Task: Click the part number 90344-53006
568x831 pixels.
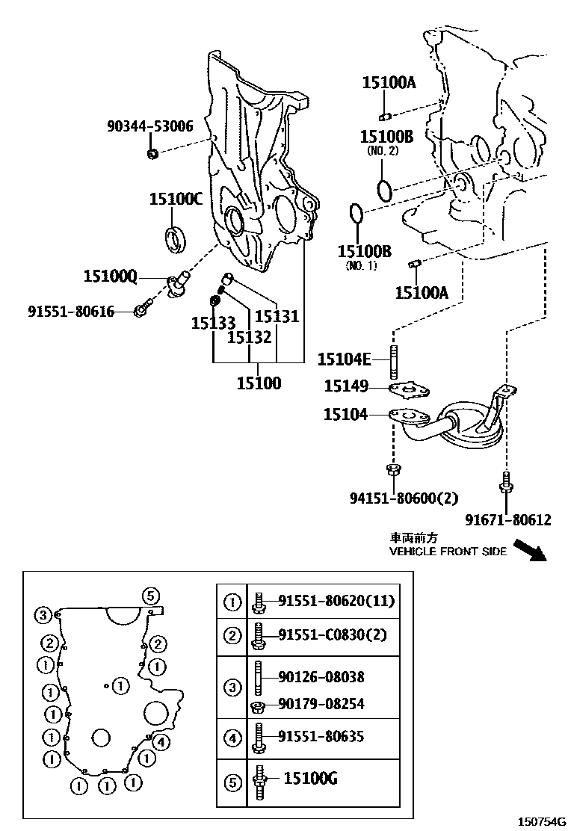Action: click(149, 126)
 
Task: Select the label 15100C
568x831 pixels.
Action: click(176, 199)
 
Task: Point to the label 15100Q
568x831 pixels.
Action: click(110, 277)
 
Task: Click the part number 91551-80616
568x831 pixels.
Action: click(72, 311)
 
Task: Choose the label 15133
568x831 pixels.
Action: click(213, 323)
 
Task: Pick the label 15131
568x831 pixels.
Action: click(277, 317)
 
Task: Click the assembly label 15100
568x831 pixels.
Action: click(259, 383)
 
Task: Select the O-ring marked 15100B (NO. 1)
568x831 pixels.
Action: click(356, 214)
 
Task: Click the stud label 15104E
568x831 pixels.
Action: click(344, 360)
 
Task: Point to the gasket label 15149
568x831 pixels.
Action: click(346, 386)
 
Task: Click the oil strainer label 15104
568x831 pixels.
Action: click(345, 413)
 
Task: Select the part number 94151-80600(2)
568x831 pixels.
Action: click(404, 498)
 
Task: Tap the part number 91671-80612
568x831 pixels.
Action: click(507, 520)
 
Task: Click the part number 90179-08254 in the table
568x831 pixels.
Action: click(321, 703)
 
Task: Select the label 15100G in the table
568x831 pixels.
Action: click(310, 779)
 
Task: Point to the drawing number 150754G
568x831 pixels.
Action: click(541, 821)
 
